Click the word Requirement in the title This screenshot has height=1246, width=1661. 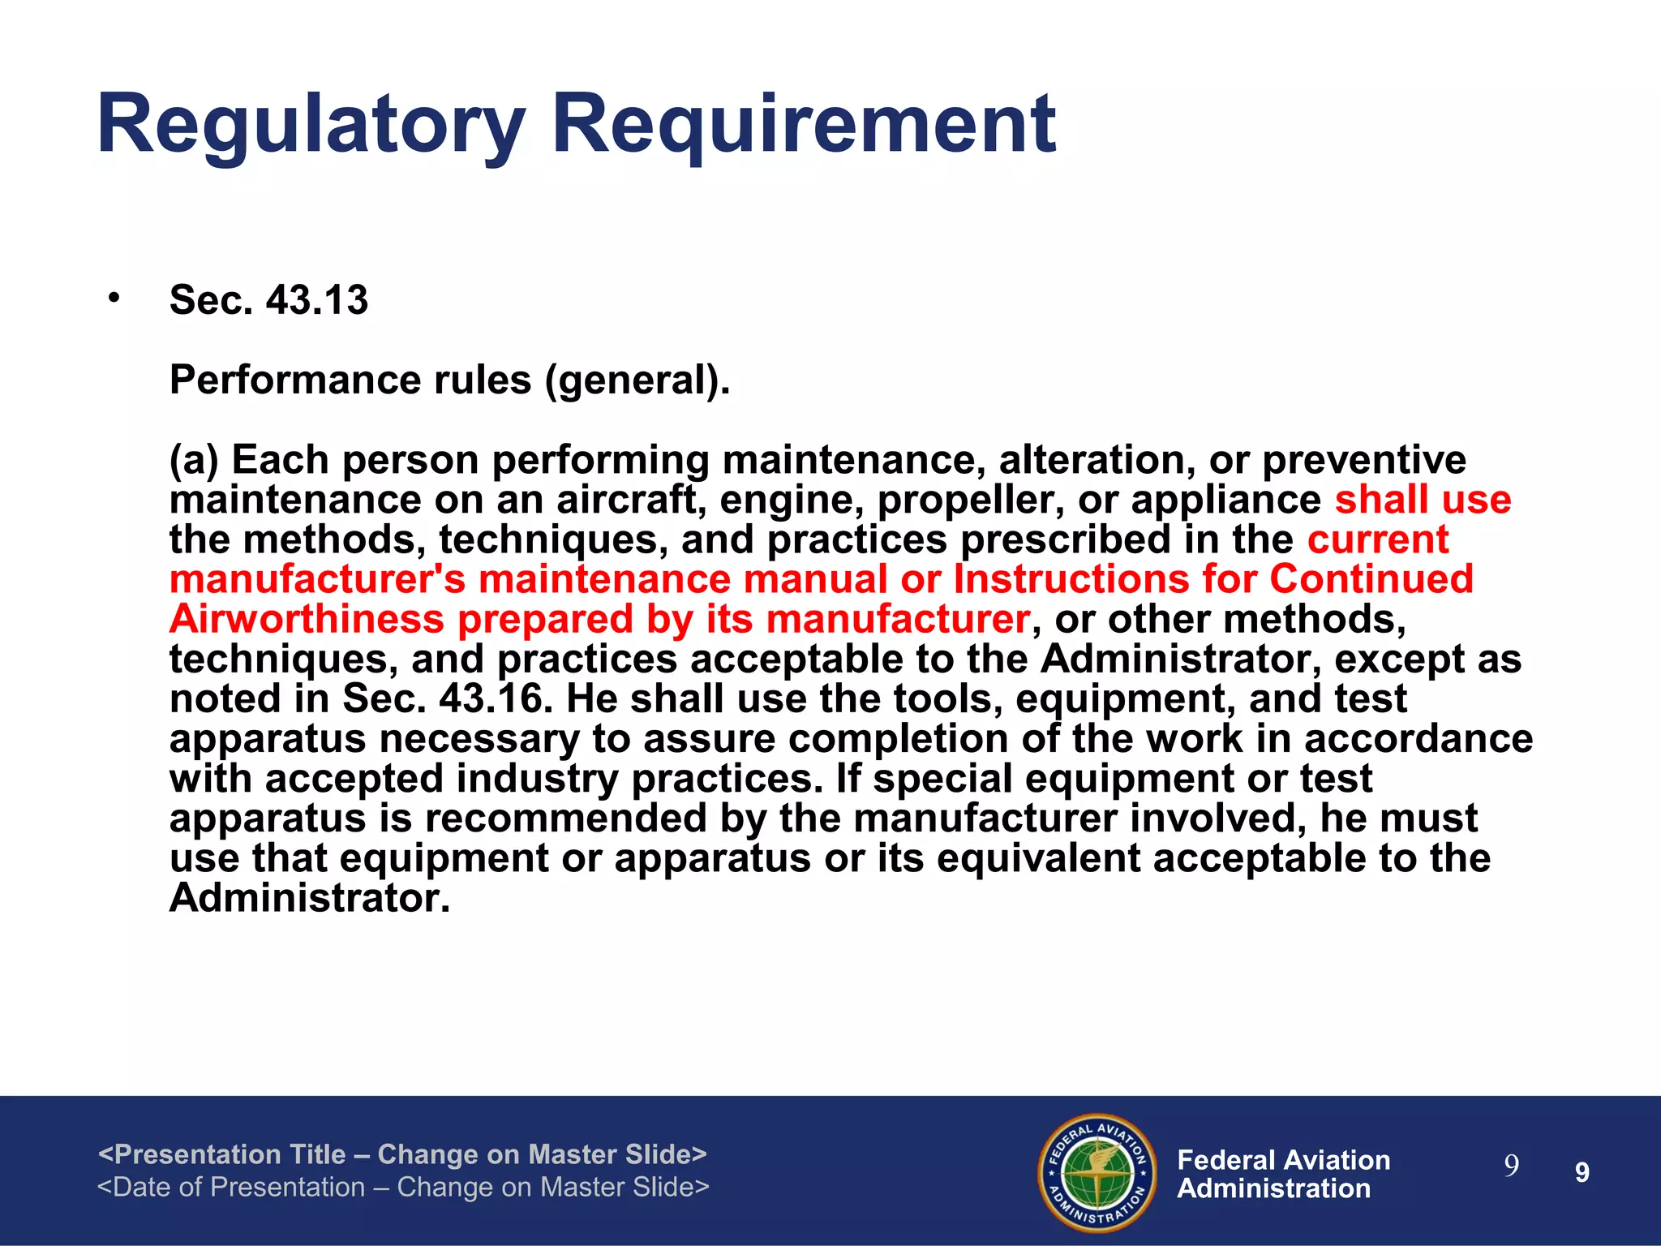(x=803, y=126)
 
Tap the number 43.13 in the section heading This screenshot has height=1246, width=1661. (x=317, y=300)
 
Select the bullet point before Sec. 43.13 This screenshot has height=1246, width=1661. (x=114, y=298)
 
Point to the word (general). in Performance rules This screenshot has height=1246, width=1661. (x=637, y=380)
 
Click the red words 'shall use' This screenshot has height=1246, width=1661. (x=1423, y=500)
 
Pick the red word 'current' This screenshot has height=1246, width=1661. (x=1377, y=539)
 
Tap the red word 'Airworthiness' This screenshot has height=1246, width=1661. (x=307, y=619)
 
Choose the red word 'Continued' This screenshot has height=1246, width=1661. (x=1371, y=579)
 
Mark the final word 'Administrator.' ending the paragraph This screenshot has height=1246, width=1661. (x=309, y=898)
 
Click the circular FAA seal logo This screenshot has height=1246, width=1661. (x=1097, y=1172)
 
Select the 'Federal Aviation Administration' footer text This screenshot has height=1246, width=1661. (x=1283, y=1174)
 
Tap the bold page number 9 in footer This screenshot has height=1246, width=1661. (x=1582, y=1172)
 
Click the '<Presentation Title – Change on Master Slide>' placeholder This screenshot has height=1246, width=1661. (x=402, y=1154)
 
